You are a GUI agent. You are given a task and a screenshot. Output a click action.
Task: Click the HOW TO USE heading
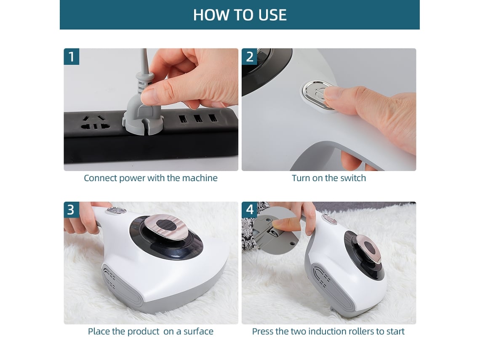pos(240,15)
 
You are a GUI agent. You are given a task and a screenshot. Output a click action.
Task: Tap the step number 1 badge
pos(71,56)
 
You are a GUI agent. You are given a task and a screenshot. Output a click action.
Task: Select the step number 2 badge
pos(250,56)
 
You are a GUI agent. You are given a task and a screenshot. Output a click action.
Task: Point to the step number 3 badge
pos(71,210)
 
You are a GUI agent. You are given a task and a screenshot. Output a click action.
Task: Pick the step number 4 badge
pos(250,210)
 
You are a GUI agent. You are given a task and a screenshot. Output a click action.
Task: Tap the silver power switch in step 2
pos(318,95)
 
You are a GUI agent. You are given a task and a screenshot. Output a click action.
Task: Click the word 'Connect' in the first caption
pos(100,178)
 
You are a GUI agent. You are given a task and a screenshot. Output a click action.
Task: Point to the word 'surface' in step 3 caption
pos(198,331)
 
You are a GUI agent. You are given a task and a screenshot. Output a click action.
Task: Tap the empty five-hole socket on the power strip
pos(95,123)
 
